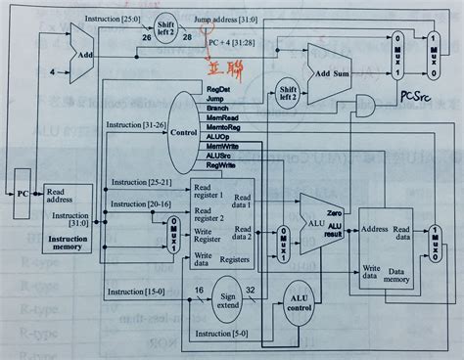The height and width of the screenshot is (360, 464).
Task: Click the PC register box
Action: click(21, 194)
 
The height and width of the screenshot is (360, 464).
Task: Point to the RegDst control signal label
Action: click(218, 89)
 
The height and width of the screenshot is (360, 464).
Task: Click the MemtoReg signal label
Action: click(225, 127)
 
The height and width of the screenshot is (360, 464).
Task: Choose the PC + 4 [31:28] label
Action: click(232, 43)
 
